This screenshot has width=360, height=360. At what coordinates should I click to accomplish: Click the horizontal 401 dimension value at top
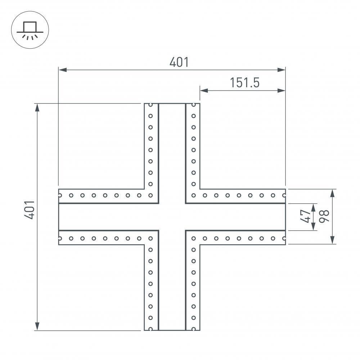(x=179, y=62)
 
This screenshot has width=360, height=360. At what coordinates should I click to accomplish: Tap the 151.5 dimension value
(x=245, y=83)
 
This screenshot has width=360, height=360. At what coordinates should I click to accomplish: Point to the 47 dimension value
(x=306, y=216)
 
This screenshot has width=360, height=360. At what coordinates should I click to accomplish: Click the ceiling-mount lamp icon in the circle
(x=30, y=30)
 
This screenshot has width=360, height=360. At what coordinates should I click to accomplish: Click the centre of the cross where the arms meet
(x=172, y=217)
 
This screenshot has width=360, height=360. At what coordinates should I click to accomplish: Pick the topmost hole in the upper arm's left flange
(x=151, y=105)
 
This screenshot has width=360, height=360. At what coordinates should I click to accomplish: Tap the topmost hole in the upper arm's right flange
(x=193, y=105)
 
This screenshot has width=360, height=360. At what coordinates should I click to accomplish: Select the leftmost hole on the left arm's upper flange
(x=60, y=195)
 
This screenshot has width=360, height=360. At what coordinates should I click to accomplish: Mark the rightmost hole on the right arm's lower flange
(x=284, y=238)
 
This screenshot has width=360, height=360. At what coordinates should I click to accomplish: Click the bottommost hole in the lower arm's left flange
(x=151, y=328)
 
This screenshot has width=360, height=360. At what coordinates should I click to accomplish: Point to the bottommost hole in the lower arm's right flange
(x=193, y=328)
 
